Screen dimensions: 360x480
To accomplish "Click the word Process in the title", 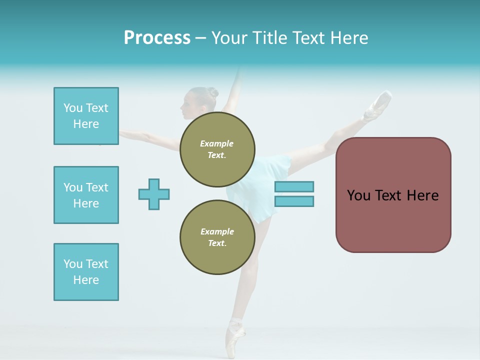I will (157, 38).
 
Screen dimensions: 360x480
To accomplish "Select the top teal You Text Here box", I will (86, 116).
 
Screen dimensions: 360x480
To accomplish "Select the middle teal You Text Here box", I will (86, 195).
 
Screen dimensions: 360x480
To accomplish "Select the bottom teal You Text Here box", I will (86, 272).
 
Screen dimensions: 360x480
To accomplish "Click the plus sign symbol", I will (154, 194).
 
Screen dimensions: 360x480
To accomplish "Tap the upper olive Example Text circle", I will (217, 149).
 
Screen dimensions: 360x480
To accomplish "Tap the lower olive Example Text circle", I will (217, 237).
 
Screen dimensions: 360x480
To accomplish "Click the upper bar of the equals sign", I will (294, 186).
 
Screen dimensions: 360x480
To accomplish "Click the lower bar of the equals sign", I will (294, 201).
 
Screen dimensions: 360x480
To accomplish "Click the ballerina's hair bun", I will (213, 92).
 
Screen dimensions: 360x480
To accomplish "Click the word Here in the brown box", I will (422, 195).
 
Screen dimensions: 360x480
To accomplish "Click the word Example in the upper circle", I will (217, 143).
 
